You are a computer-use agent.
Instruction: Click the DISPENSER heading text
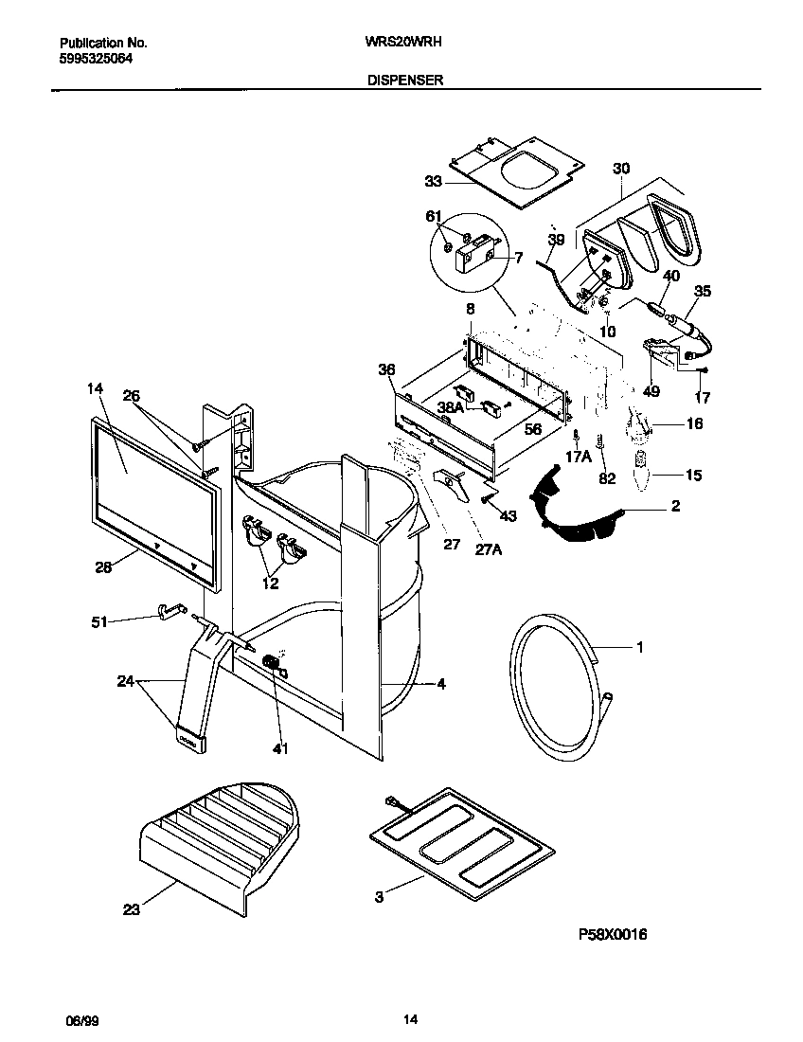pos(406,81)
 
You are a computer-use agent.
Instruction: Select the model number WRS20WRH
pos(405,43)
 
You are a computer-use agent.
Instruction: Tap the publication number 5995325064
pos(96,57)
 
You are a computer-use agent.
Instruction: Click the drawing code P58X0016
pos(613,934)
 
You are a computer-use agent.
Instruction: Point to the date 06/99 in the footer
pos(80,1020)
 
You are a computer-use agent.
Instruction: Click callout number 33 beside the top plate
pos(433,180)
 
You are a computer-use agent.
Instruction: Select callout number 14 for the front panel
pos(95,388)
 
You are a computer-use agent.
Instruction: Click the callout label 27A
pos(488,548)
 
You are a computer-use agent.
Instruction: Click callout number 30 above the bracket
pos(620,169)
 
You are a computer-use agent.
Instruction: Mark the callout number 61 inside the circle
pos(434,217)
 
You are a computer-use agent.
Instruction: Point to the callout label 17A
pos(579,455)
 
